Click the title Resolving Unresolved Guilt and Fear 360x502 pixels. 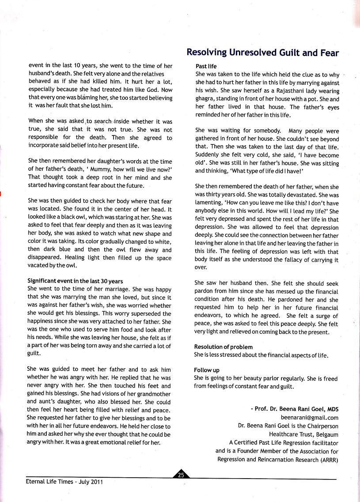262,53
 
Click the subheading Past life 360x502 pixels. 206,66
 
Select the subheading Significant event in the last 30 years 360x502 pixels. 75,281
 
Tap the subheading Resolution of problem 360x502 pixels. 223,347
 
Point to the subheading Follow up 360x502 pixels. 207,370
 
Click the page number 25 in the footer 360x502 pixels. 181,475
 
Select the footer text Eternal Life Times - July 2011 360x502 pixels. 64,482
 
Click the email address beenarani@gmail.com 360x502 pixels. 309,417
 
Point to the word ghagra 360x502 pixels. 205,99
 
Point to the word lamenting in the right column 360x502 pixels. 209,202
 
